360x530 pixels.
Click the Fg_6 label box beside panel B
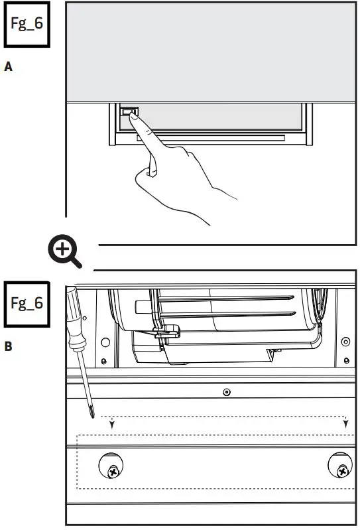tap(27, 304)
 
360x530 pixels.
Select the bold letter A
tap(9, 67)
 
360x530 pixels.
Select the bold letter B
tap(9, 346)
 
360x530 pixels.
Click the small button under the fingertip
tap(129, 113)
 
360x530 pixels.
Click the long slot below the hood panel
tap(211, 139)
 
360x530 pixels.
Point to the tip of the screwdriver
tap(90, 416)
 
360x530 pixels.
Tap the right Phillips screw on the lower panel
tap(341, 472)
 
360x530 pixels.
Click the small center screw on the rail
tap(227, 392)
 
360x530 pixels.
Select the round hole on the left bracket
tap(105, 342)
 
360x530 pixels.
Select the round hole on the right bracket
tap(344, 342)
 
